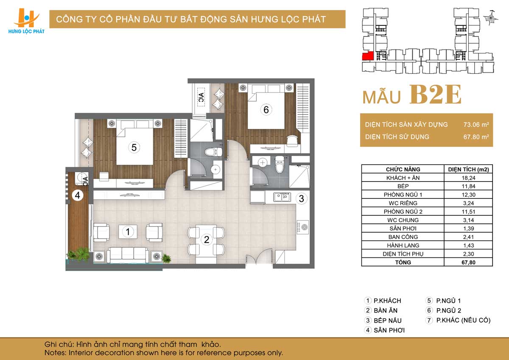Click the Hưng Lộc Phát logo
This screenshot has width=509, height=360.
[x=26, y=21]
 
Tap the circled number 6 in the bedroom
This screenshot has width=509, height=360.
[x=266, y=110]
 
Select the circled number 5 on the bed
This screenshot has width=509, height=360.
[x=134, y=148]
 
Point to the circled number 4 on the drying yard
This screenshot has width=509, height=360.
[x=78, y=195]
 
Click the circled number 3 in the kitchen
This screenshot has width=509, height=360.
[x=302, y=199]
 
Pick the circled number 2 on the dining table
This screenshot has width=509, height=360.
[x=207, y=240]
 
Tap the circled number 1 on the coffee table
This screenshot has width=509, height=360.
[x=128, y=232]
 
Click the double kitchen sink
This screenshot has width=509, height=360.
[x=282, y=197]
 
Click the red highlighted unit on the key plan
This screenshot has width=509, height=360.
[x=368, y=56]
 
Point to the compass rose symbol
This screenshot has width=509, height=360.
[x=491, y=18]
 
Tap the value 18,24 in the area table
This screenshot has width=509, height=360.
[x=468, y=178]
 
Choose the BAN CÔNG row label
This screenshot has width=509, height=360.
[x=403, y=237]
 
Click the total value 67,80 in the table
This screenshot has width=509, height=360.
[x=468, y=262]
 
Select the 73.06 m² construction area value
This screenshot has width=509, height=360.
[x=476, y=125]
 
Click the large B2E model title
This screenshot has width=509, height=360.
[x=435, y=95]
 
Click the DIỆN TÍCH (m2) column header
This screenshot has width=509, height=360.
[x=468, y=170]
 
